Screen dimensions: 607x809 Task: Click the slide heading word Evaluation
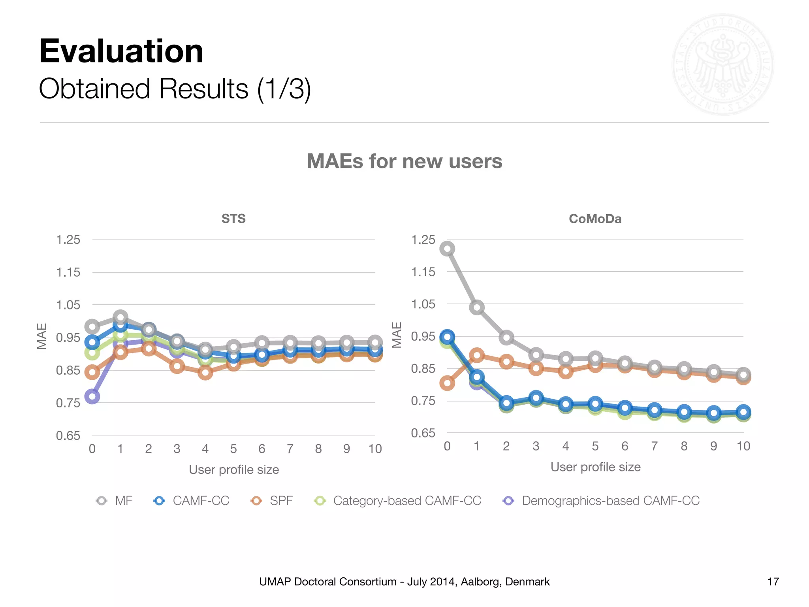121,51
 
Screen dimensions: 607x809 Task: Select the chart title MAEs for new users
404,161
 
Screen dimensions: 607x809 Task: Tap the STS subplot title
233,219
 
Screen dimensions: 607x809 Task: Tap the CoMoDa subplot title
595,219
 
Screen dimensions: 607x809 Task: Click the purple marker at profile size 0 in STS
92,396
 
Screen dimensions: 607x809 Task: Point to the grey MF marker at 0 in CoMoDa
447,249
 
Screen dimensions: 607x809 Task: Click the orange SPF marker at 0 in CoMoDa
447,383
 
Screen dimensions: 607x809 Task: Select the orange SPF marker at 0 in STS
92,372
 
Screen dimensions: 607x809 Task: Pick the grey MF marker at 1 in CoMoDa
477,307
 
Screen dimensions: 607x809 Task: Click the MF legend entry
123,501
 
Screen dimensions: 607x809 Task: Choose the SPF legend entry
281,501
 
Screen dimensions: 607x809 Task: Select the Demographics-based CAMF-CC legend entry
610,501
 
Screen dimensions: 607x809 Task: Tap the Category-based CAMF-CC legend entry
407,501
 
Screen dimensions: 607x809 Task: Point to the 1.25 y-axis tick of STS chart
68,239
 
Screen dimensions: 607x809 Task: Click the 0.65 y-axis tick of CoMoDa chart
423,433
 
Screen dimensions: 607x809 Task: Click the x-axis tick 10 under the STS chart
375,449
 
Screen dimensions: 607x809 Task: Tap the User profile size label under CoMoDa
595,467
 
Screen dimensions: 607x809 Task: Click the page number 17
773,582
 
